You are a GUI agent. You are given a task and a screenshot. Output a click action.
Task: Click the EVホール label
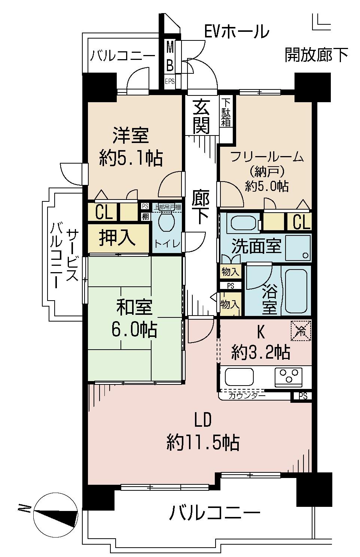pos(237,31)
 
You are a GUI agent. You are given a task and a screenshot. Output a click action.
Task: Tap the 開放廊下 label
pos(316,55)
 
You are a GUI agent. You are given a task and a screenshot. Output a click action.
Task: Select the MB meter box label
pos(170,57)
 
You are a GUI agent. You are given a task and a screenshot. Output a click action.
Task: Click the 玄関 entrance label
pos(201,118)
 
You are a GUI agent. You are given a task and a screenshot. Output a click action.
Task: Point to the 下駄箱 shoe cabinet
pos(226,112)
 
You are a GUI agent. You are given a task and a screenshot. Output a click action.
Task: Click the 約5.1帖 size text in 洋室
pos(131,159)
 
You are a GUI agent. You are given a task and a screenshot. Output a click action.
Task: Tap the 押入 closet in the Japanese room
pos(117,237)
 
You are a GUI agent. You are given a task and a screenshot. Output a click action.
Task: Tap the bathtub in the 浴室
pos(296,291)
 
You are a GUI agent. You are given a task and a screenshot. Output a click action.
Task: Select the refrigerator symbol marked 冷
pos(301,331)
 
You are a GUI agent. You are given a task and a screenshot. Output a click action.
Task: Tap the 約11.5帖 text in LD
pos(202,443)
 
